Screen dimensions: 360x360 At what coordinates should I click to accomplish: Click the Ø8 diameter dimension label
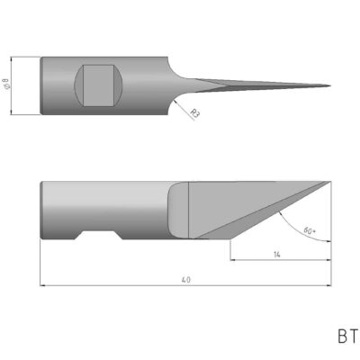point(7,86)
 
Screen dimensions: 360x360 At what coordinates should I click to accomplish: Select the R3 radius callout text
point(193,113)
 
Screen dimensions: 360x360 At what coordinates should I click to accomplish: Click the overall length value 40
point(184,280)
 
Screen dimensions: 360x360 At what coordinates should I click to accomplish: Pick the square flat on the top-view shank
point(96,85)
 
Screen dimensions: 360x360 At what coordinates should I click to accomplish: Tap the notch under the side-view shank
point(98,238)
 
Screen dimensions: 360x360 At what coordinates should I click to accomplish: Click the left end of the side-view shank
point(41,211)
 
